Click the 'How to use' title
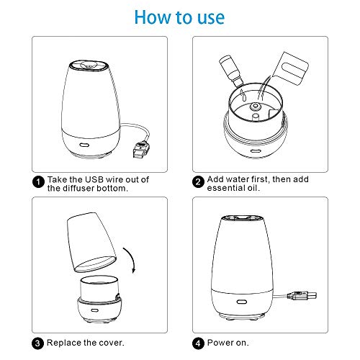pyautogui.click(x=179, y=17)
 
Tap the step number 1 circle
pyautogui.click(x=38, y=181)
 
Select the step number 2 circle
pyautogui.click(x=198, y=181)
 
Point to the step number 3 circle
pyautogui.click(x=37, y=343)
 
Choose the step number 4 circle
pyautogui.click(x=198, y=343)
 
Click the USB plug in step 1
pyautogui.click(x=140, y=150)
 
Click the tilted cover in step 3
pyautogui.click(x=91, y=243)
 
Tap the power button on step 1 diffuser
pyautogui.click(x=84, y=145)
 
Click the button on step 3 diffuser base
pyautogui.click(x=94, y=310)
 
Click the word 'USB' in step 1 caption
pyautogui.click(x=94, y=179)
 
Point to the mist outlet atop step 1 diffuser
pyautogui.click(x=88, y=66)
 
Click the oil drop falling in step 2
pyautogui.click(x=244, y=97)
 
